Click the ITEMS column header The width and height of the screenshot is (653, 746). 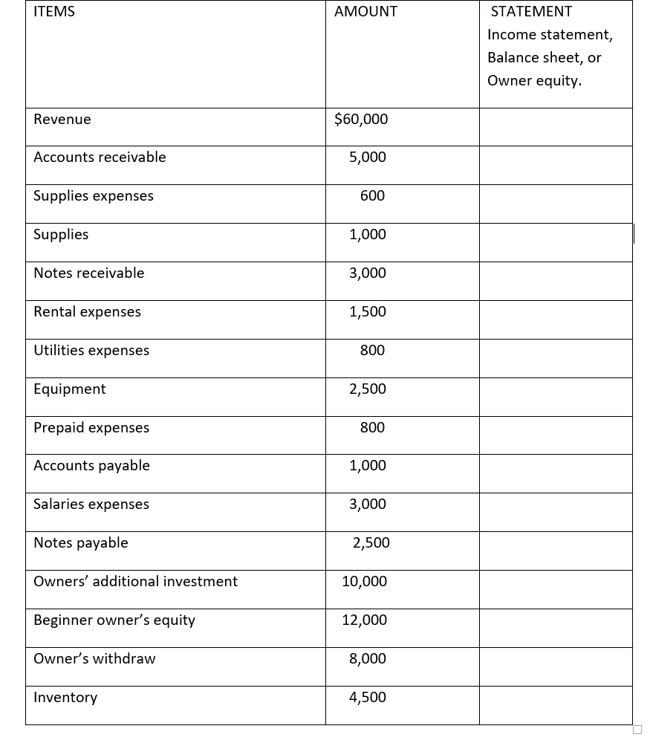coord(54,12)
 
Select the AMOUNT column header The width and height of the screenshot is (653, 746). coord(366,12)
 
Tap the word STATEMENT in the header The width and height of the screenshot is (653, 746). coord(531,12)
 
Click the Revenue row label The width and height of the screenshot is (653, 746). coord(62,120)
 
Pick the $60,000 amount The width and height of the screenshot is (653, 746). coord(361,120)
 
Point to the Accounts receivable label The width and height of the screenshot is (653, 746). coord(100,158)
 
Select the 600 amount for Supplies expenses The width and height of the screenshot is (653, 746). coord(372,196)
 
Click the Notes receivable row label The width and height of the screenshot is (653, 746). coord(89,273)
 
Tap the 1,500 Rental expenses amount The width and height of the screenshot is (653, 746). coord(368,312)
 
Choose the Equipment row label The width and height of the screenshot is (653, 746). coord(70,389)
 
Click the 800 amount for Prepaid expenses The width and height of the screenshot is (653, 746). coord(372,428)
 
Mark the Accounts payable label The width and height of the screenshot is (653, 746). coord(91,466)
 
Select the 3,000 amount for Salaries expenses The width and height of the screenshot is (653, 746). coord(368,505)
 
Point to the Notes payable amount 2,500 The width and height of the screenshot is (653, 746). coord(371,543)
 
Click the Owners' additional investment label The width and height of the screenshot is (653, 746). coord(136,582)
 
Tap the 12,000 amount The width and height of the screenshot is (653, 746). coord(365,620)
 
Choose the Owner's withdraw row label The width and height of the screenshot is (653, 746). coord(94,659)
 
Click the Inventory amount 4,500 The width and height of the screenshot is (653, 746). coord(368,698)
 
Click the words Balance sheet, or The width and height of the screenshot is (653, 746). coord(545,58)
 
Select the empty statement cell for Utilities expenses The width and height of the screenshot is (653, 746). coord(556,358)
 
